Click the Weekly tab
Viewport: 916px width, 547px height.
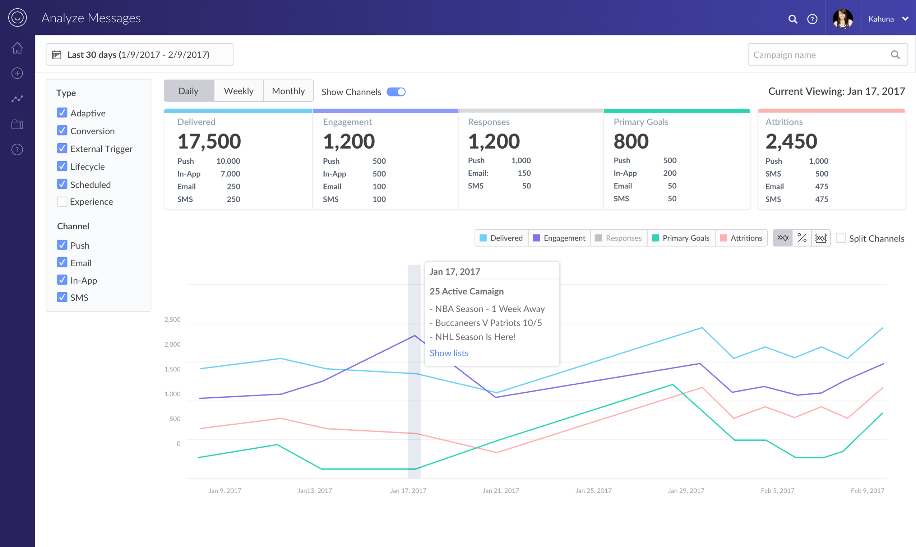coord(239,91)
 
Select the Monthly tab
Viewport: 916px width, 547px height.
coord(288,91)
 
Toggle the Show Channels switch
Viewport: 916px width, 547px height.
coord(396,92)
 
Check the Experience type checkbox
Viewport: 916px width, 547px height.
coord(62,202)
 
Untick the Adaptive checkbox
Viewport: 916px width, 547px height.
coord(62,113)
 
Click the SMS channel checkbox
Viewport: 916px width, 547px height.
coord(62,297)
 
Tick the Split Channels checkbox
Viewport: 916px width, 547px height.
coord(841,238)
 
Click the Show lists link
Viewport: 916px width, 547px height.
coord(449,353)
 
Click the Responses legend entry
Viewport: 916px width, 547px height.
coord(619,238)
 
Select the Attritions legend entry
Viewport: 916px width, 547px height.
coord(741,238)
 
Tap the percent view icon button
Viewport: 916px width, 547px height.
coord(802,238)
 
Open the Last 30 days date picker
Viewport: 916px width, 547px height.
coord(139,55)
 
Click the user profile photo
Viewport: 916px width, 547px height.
coord(843,18)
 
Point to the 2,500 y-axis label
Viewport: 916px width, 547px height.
coord(172,319)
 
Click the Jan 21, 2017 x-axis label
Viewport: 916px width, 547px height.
coord(501,491)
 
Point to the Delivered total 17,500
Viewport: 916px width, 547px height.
coord(209,141)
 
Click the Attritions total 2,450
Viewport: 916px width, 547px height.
coord(791,141)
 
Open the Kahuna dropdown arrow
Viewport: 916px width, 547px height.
coord(905,19)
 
